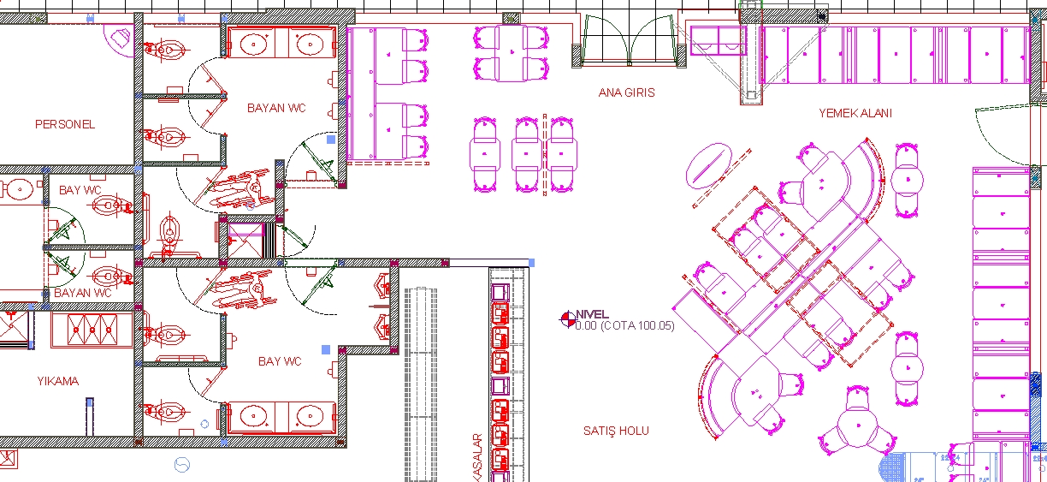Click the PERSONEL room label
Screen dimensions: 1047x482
[65, 124]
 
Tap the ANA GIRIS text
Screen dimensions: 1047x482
[626, 92]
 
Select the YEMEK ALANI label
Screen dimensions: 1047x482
[855, 113]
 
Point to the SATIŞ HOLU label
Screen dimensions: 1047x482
[616, 431]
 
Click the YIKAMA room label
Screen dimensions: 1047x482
[58, 381]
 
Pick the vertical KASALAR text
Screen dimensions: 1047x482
[477, 457]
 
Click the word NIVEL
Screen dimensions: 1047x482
[592, 314]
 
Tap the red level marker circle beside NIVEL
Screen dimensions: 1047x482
[568, 319]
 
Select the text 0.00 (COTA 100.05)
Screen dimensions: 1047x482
[625, 325]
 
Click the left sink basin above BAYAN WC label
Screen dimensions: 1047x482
[254, 45]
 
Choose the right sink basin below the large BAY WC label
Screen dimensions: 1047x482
[310, 416]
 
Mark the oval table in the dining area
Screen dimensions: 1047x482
[708, 166]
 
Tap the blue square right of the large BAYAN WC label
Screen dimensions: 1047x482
[331, 140]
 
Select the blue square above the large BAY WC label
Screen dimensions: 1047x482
[326, 349]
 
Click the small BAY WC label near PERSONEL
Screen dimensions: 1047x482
[80, 190]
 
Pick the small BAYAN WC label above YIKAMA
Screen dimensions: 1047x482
[83, 293]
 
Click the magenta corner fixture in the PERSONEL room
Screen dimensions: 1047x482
[120, 39]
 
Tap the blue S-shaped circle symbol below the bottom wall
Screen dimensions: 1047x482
[182, 465]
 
